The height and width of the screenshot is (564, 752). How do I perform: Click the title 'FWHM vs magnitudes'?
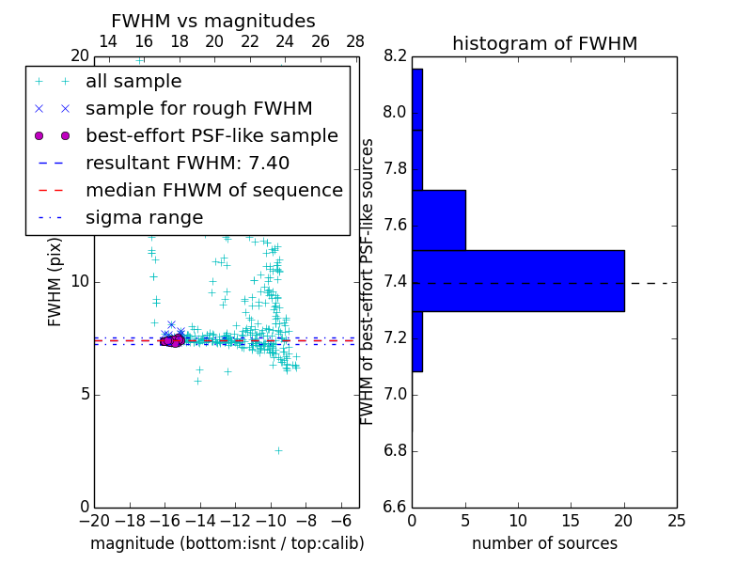tap(213, 22)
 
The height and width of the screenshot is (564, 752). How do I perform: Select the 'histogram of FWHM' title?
tap(544, 44)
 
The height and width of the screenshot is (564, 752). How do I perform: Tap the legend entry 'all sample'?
tap(133, 82)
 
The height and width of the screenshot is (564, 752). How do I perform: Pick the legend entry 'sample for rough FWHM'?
tap(198, 109)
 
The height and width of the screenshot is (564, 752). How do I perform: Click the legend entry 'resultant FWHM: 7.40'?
tap(187, 164)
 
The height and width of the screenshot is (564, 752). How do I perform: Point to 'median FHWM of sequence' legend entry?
tap(213, 191)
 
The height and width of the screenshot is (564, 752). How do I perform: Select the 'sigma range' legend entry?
tap(144, 218)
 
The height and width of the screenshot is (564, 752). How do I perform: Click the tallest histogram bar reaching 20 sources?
tap(518, 280)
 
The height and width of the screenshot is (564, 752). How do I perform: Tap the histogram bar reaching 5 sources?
tap(439, 220)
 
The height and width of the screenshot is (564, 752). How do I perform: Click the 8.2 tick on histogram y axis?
tap(395, 56)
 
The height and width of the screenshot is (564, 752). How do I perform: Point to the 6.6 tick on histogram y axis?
tap(395, 508)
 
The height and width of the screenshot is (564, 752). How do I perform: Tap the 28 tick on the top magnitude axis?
tap(355, 41)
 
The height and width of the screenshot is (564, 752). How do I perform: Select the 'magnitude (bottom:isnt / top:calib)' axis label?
tap(227, 544)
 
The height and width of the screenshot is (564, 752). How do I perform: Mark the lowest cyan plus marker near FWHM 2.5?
tap(278, 450)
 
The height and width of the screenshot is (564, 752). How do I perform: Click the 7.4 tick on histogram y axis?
tap(395, 282)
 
